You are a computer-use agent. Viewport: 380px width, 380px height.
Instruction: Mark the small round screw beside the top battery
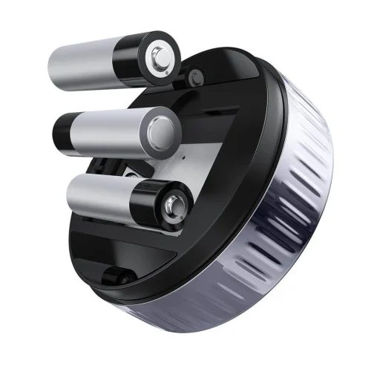197,75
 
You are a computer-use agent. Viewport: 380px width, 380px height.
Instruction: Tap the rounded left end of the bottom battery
71,194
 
